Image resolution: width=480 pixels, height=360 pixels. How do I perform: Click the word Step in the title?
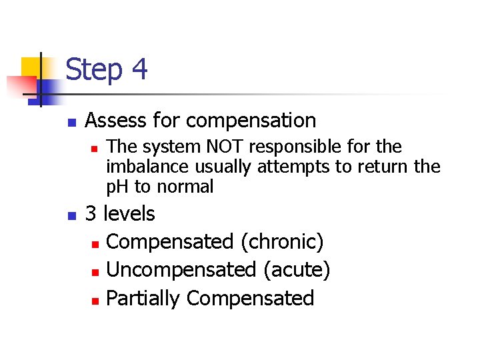[x=95, y=69]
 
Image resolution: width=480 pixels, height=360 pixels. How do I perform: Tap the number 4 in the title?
[x=139, y=69]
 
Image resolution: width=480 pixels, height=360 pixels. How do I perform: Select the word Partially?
[x=143, y=298]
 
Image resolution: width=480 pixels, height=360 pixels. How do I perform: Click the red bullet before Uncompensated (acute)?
[x=95, y=271]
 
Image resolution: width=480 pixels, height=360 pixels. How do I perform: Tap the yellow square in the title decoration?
[x=31, y=67]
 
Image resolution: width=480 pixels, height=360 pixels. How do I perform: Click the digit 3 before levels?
[x=92, y=214]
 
